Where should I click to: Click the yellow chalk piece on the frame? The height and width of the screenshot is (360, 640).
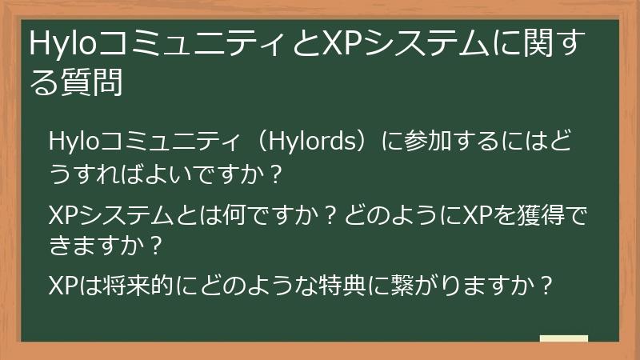(x=563, y=339)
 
